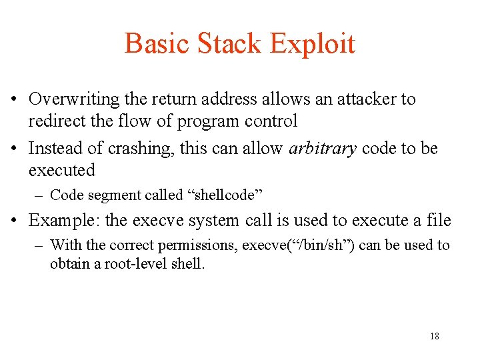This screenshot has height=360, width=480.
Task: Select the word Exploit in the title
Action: (x=312, y=44)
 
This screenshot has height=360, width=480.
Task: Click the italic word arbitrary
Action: (x=323, y=148)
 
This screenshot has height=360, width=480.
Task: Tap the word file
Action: (x=439, y=221)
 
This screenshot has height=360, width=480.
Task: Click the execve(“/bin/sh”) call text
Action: (x=299, y=245)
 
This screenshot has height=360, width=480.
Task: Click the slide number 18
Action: (x=435, y=336)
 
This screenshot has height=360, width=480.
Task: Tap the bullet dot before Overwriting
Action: (x=14, y=100)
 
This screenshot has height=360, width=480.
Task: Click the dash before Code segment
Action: (x=41, y=195)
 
